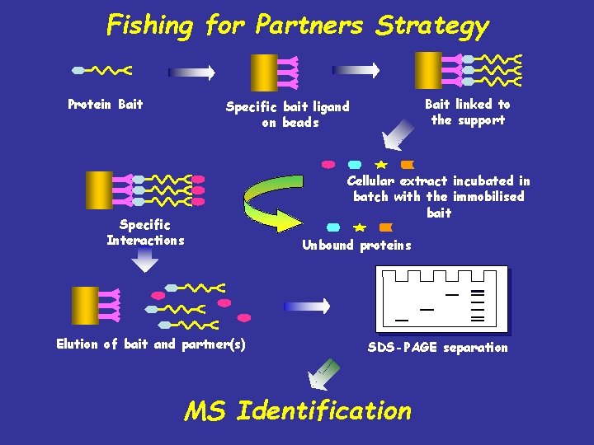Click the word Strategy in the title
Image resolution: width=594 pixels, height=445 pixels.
point(432,26)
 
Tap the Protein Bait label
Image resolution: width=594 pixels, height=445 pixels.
point(105,104)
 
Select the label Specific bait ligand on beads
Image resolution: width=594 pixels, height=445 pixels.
point(287,114)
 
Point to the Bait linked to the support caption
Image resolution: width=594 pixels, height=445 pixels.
point(467,112)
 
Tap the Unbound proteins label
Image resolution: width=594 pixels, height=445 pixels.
point(356,245)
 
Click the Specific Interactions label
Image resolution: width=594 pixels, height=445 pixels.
point(145,232)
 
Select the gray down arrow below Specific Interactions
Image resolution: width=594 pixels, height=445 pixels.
point(145,260)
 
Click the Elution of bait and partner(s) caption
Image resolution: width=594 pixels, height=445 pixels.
point(150,344)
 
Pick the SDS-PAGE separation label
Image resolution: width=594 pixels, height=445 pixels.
point(437,348)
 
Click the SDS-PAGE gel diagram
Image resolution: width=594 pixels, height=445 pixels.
point(441,298)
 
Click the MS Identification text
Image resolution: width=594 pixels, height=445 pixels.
point(297,410)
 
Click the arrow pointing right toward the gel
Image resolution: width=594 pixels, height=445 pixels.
point(306,306)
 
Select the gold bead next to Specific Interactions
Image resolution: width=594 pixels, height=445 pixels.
point(100,190)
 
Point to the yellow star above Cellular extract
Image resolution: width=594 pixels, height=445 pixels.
point(380,165)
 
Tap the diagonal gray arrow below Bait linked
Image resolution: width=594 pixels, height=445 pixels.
point(400,133)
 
